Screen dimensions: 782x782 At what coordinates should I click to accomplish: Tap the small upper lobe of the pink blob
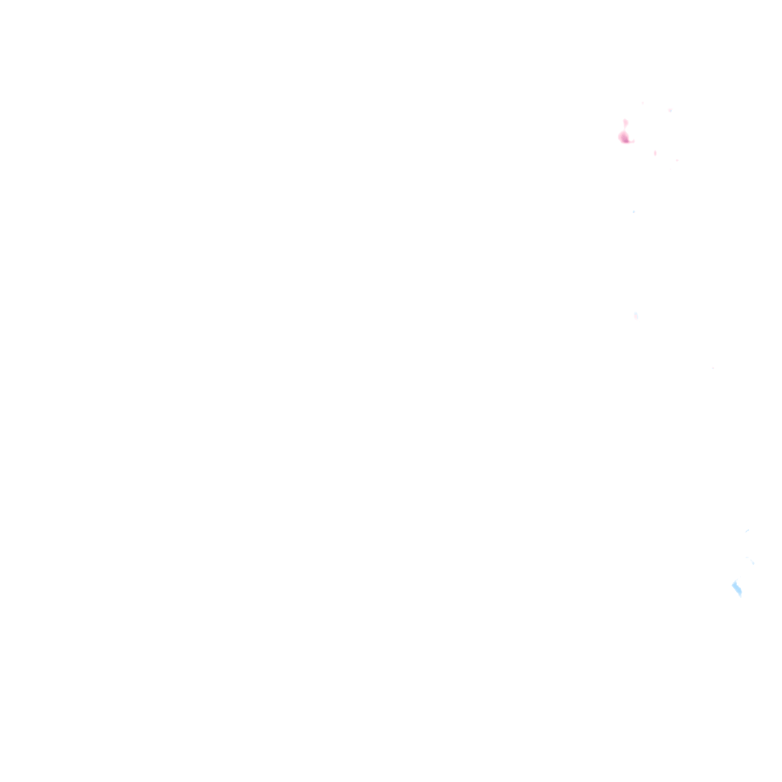tap(625, 122)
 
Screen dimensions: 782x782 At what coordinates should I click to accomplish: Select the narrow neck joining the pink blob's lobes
tap(625, 130)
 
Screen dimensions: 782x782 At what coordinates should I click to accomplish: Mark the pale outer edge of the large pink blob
tap(619, 136)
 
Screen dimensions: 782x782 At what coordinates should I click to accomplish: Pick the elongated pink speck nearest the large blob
tap(654, 153)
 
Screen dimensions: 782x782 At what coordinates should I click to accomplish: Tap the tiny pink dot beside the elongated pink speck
tap(677, 160)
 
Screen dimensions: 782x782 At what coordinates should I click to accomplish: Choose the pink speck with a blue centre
tap(670, 111)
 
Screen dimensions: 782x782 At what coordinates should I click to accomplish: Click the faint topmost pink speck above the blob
tap(643, 102)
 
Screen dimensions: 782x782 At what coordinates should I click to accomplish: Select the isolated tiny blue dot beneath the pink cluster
tap(633, 212)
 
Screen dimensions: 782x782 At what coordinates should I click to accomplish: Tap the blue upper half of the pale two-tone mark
tap(635, 313)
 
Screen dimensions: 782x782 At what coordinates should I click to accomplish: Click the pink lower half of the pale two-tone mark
tap(635, 318)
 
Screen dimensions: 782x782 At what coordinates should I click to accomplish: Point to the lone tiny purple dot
tap(713, 368)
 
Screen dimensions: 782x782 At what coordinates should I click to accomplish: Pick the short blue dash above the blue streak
tap(747, 531)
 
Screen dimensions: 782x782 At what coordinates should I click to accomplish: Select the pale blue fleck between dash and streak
tap(751, 562)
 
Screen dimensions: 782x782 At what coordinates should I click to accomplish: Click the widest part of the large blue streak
tap(736, 588)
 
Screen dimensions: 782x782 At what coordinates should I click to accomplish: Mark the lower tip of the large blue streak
tap(740, 596)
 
